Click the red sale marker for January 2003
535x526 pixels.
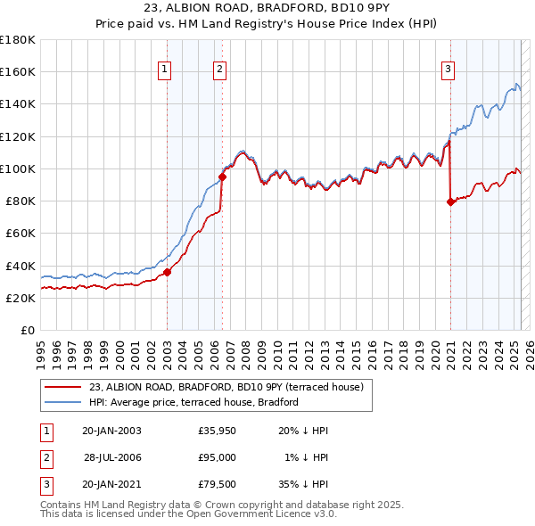tap(167, 272)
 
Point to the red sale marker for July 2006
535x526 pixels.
tap(222, 177)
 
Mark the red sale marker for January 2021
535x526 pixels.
tap(450, 201)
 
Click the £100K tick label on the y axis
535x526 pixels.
tap(17, 168)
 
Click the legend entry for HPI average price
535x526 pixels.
tap(193, 402)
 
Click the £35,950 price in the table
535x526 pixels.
tap(218, 431)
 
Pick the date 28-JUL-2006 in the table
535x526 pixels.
tap(112, 456)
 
